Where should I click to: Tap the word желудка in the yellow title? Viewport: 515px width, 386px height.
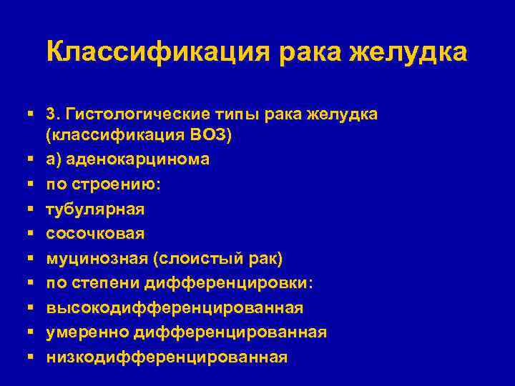pyautogui.click(x=408, y=52)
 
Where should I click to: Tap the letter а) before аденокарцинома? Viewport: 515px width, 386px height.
pyautogui.click(x=55, y=159)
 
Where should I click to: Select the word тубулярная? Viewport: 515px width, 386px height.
pyautogui.click(x=95, y=209)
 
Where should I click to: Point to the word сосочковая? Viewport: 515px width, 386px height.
pyautogui.click(x=95, y=234)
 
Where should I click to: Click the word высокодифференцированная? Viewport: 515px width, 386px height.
pyautogui.click(x=175, y=308)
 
